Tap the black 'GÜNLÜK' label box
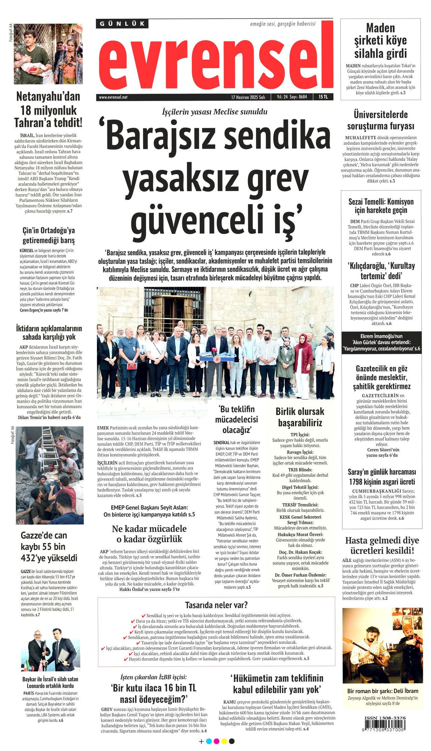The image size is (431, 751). (122, 24)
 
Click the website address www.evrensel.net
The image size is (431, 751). (113, 97)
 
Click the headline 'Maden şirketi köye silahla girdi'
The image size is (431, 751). (380, 40)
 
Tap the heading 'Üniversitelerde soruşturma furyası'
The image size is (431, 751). (380, 120)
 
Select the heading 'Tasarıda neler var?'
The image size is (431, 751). (216, 605)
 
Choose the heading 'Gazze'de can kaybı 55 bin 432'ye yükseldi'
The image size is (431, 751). (49, 546)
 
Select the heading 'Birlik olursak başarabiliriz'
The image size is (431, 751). (300, 417)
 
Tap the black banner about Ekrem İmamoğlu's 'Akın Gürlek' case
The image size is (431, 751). (381, 342)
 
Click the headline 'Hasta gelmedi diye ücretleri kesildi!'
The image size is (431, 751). (382, 545)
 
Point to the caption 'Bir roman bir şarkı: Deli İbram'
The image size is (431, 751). (383, 691)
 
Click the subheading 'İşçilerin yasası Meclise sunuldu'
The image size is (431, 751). (215, 112)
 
